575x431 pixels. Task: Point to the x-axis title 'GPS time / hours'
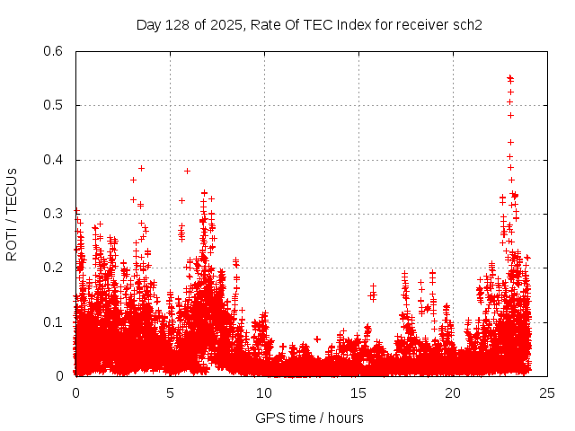coord(309,418)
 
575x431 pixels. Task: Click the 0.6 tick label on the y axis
coord(55,51)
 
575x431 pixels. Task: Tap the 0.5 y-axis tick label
coord(55,105)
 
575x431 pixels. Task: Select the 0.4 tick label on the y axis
coord(55,160)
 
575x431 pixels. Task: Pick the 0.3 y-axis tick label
coord(55,214)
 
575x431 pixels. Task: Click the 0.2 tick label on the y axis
coord(55,268)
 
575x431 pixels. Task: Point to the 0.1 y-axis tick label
coord(55,321)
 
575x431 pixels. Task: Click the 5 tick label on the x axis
coord(170,392)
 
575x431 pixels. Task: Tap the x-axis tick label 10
coord(264,392)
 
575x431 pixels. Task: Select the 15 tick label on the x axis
coord(358,392)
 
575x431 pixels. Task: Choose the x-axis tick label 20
coord(453,392)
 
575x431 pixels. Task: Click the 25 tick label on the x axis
coord(547,392)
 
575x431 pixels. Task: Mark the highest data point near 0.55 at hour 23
coord(510,78)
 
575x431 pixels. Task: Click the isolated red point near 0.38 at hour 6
coord(187,171)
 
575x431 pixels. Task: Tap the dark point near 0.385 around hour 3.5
coord(141,168)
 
